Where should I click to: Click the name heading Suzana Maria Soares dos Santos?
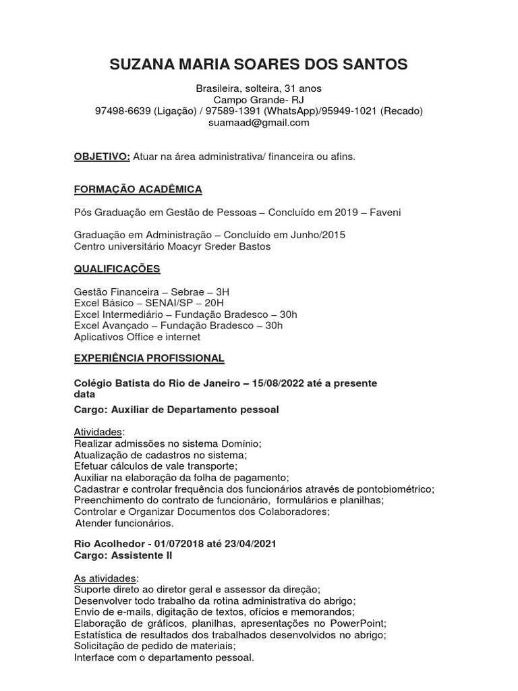pos(258,65)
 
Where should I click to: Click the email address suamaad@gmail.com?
pos(258,122)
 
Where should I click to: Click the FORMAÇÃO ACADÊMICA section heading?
pos(138,189)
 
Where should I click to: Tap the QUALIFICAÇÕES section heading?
pos(117,269)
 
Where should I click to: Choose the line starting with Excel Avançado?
pos(178,325)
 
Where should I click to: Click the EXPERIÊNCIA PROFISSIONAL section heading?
pos(148,358)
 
